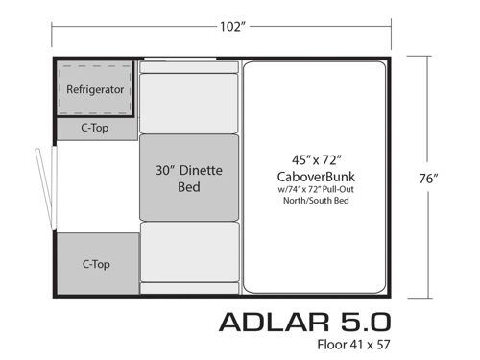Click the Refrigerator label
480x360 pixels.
[96, 89]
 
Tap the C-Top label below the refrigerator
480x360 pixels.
[94, 127]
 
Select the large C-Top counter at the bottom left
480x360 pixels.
[94, 262]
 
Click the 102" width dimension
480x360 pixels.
[231, 26]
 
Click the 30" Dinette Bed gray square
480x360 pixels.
[189, 178]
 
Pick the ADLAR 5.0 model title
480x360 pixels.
[304, 320]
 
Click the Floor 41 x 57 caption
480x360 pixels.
[353, 343]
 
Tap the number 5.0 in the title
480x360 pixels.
[365, 320]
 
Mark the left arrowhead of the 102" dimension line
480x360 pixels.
[55, 26]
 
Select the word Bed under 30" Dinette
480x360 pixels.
[189, 186]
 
